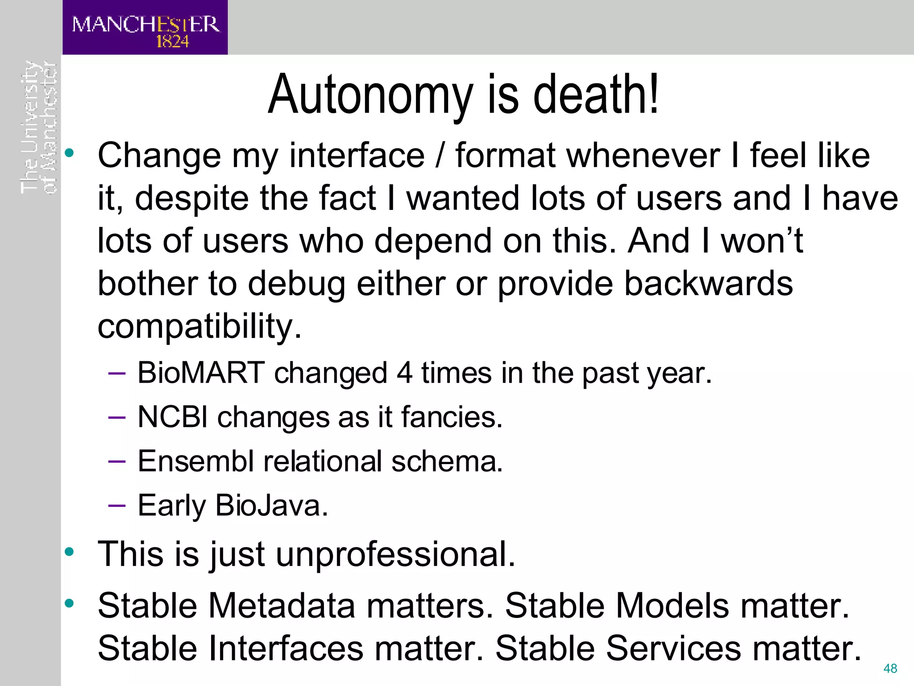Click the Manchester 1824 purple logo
(145, 28)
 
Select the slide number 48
(890, 669)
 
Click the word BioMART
(201, 373)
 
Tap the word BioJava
(271, 506)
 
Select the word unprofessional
(395, 554)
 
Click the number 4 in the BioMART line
(404, 373)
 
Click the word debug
(296, 284)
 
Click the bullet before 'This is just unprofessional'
(69, 552)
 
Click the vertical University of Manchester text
(39, 127)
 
